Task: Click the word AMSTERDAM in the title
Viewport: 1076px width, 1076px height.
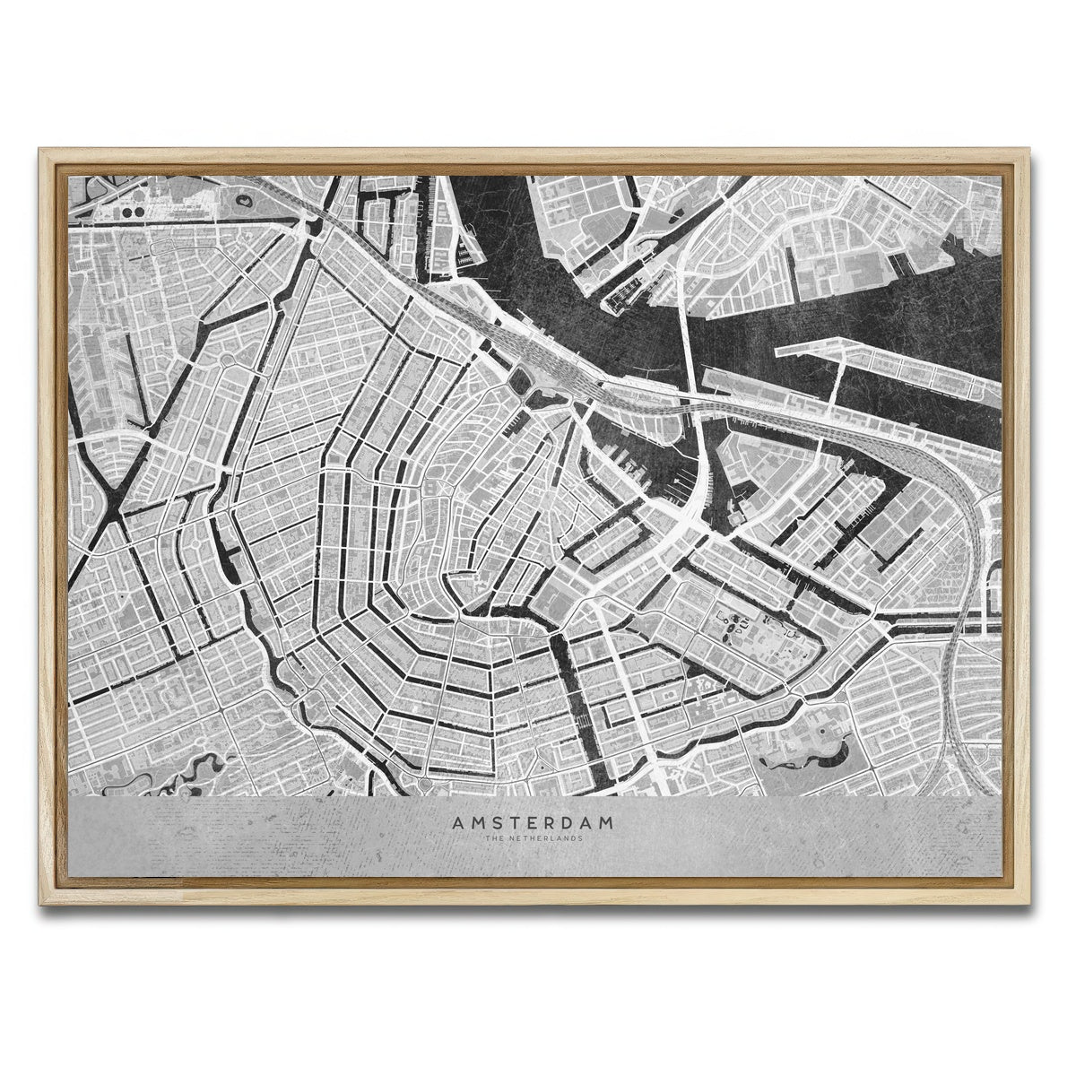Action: point(533,821)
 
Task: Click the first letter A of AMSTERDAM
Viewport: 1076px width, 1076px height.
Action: point(458,821)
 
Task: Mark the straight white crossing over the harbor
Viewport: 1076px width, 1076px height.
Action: point(687,332)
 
